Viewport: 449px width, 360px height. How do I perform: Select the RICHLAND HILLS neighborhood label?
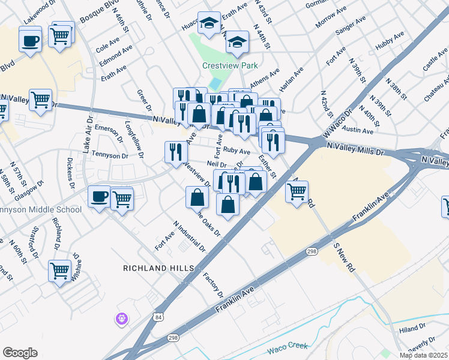(x=159, y=268)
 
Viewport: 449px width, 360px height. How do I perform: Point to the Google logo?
(x=20, y=353)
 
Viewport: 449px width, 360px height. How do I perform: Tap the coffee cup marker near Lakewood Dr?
(x=30, y=41)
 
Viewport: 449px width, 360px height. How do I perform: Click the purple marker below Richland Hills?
(x=122, y=319)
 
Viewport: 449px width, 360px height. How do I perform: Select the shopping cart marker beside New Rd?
(x=297, y=193)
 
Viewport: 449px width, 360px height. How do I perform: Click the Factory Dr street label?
(x=213, y=286)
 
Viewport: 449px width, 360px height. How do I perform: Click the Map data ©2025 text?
(x=422, y=355)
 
